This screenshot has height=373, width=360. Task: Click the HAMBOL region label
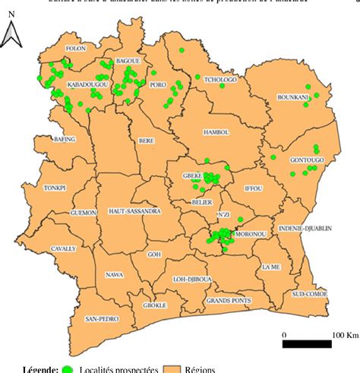(x=216, y=132)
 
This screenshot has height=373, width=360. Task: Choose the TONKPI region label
(x=34, y=187)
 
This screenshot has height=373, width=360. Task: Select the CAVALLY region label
(x=42, y=248)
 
